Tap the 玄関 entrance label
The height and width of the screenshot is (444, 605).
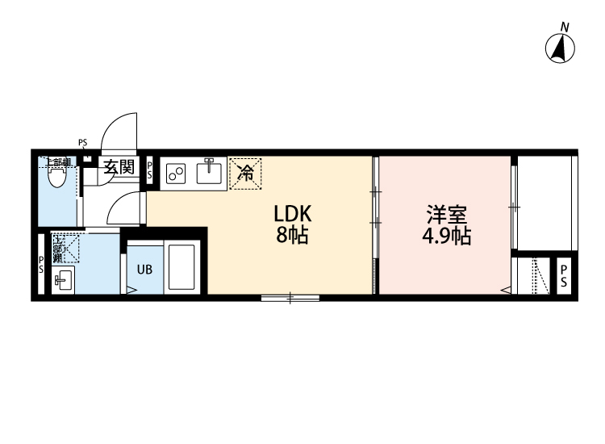[119, 168]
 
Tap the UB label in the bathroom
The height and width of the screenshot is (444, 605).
[144, 270]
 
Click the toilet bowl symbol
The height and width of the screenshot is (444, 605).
[56, 177]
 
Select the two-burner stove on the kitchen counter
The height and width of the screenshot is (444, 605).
[176, 174]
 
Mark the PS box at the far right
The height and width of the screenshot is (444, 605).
[565, 276]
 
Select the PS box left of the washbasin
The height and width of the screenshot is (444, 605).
[41, 266]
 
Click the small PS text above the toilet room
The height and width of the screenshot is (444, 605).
[82, 144]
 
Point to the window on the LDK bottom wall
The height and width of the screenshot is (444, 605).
[290, 299]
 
